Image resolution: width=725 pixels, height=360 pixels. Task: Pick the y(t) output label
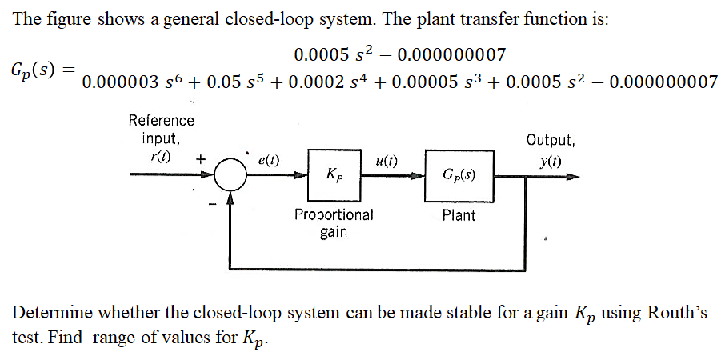point(549,158)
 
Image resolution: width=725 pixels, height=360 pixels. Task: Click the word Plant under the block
point(459,215)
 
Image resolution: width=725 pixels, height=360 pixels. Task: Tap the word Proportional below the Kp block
point(334,214)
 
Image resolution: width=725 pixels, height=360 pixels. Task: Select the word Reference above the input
point(161,121)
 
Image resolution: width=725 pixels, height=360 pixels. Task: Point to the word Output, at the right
point(550,140)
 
